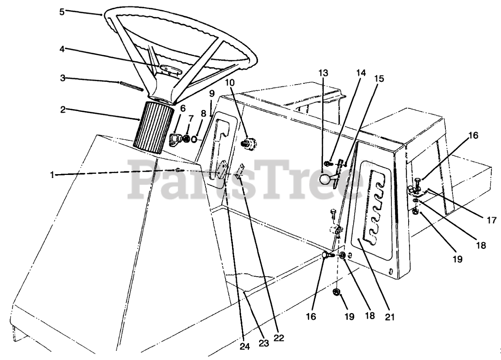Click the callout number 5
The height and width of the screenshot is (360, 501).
(x=62, y=11)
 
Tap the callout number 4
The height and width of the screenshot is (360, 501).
(x=62, y=49)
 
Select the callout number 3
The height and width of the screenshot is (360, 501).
(x=62, y=79)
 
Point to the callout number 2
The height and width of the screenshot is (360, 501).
(x=62, y=110)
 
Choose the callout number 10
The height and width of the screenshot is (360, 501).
(x=230, y=83)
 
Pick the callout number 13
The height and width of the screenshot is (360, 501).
(x=323, y=73)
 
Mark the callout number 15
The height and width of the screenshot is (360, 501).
(x=379, y=79)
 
